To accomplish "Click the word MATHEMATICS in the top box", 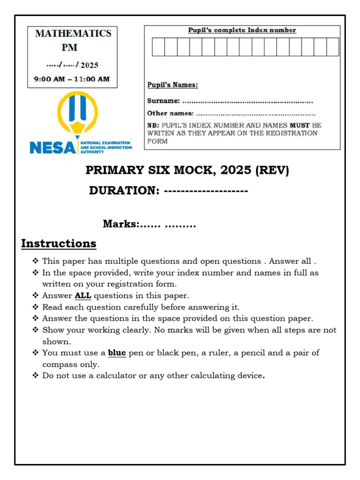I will (x=73, y=34).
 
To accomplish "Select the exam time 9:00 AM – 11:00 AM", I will (x=72, y=79).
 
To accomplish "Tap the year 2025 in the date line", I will (x=90, y=65).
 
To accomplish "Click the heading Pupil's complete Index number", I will (x=242, y=30).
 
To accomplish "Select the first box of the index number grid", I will (x=158, y=47).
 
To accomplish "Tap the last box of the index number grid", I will (x=332, y=47).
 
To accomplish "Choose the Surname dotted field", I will (x=247, y=101).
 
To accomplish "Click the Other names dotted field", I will (x=255, y=113).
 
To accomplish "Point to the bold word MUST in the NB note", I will (x=300, y=126).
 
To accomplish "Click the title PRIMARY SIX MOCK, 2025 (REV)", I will (x=187, y=170).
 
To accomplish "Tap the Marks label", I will (x=120, y=225).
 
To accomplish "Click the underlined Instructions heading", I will (x=59, y=244).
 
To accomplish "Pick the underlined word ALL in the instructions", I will (x=83, y=296).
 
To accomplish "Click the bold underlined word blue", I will (x=117, y=353).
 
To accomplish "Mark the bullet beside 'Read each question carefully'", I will (x=36, y=307).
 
